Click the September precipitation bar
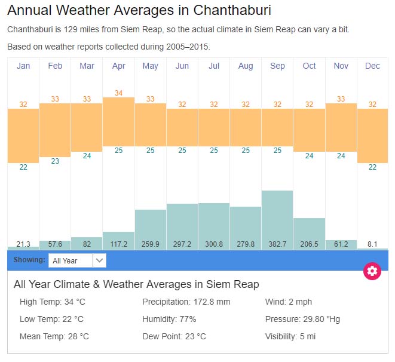[277, 215]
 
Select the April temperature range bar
[118, 122]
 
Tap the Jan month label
[23, 66]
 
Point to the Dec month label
[372, 66]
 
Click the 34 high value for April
[118, 93]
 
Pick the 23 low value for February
[55, 161]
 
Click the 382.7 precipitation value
[277, 244]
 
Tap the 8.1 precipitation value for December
[372, 244]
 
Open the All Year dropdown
[77, 260]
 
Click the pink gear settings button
[372, 271]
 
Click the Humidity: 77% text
[169, 319]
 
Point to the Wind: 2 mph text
[289, 302]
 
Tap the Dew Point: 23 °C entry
[174, 336]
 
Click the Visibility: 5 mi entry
[290, 336]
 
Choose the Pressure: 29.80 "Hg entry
[302, 319]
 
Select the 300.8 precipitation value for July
[214, 244]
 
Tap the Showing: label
[29, 260]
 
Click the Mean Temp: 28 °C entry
[54, 336]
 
